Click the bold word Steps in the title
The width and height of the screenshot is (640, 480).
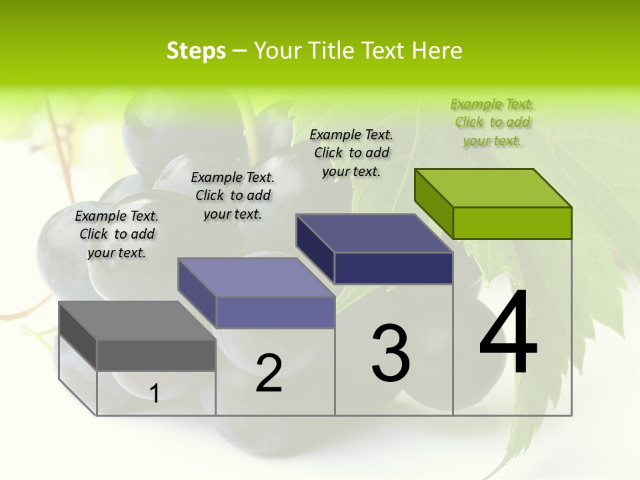(196, 51)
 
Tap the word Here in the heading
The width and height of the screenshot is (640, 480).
(437, 51)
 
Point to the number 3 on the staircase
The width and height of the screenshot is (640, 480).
(391, 353)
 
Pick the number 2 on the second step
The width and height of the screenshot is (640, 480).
(269, 373)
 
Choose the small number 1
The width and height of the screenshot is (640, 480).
(155, 394)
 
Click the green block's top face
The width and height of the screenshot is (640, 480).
(493, 187)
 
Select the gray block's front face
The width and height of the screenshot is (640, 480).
(156, 355)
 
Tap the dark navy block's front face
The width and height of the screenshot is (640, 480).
(393, 268)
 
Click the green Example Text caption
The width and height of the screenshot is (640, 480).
(492, 122)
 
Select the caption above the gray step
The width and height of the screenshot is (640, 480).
(117, 234)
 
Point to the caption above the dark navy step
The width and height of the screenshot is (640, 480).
(351, 153)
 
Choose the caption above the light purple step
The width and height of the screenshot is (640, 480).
(233, 195)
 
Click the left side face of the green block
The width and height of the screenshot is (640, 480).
(433, 203)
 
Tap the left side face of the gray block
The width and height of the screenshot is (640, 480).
(78, 336)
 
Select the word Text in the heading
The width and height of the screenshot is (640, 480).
(383, 51)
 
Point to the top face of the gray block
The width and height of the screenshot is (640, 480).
(137, 320)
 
